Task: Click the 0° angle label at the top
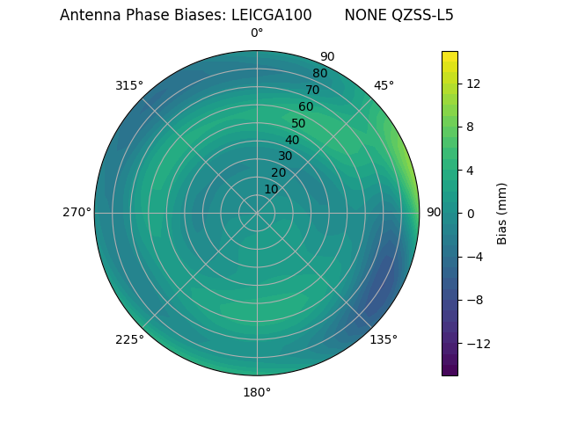click(x=257, y=33)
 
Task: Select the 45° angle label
click(x=384, y=85)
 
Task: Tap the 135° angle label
click(x=384, y=339)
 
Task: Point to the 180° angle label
click(x=257, y=392)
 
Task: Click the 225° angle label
click(x=129, y=339)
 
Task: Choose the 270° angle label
click(x=77, y=212)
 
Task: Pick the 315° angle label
click(x=129, y=85)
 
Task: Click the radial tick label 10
click(x=271, y=189)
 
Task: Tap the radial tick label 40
click(x=292, y=140)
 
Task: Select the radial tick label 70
click(x=313, y=90)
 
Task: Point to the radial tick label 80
click(x=320, y=74)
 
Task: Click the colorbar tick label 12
click(x=472, y=84)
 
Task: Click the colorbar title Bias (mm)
click(x=502, y=213)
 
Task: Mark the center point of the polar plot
click(x=257, y=213)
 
